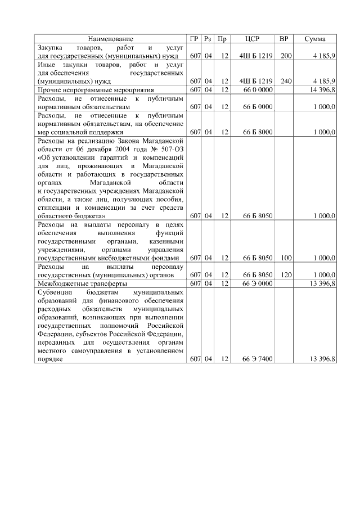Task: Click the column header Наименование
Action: (111, 39)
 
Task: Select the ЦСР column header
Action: (252, 39)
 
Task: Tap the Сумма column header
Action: (315, 39)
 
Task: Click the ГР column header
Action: (195, 39)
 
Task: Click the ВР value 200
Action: (286, 57)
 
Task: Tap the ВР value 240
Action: (286, 81)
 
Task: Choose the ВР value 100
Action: (286, 258)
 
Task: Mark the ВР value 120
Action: (286, 275)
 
